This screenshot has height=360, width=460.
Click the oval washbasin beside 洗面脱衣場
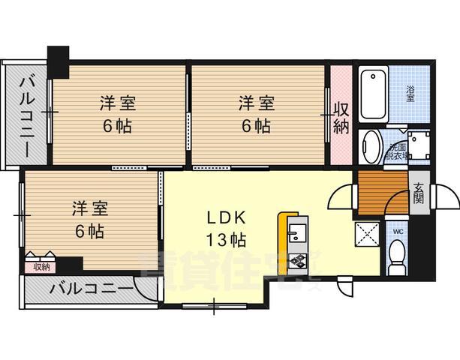[370, 147]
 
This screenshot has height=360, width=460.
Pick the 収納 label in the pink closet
[341, 116]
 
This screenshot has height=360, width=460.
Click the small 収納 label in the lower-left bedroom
[41, 266]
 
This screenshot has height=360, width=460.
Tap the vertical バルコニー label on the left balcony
[26, 115]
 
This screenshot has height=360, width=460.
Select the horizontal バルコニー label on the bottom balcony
[91, 289]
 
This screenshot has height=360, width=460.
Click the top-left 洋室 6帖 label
[116, 113]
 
